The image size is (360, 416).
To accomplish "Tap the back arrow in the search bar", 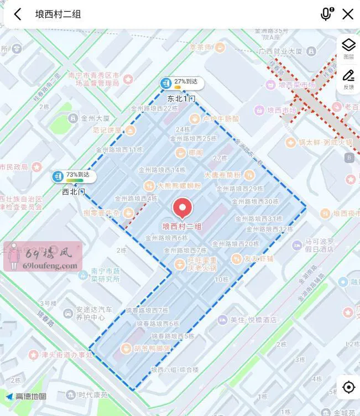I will point(18,14).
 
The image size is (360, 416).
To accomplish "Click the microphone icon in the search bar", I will point(326,14).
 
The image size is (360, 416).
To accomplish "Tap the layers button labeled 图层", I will point(348,49).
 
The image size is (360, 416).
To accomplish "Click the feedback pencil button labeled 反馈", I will point(348,79).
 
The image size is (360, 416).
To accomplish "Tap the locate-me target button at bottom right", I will point(348,387).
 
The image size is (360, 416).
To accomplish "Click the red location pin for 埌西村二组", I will point(182,209).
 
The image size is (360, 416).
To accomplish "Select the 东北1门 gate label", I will point(181,98).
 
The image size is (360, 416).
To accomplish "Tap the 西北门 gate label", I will point(73,192).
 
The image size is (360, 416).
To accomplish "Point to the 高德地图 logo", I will point(27,396).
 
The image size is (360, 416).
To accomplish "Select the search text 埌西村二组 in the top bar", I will point(58,14).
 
